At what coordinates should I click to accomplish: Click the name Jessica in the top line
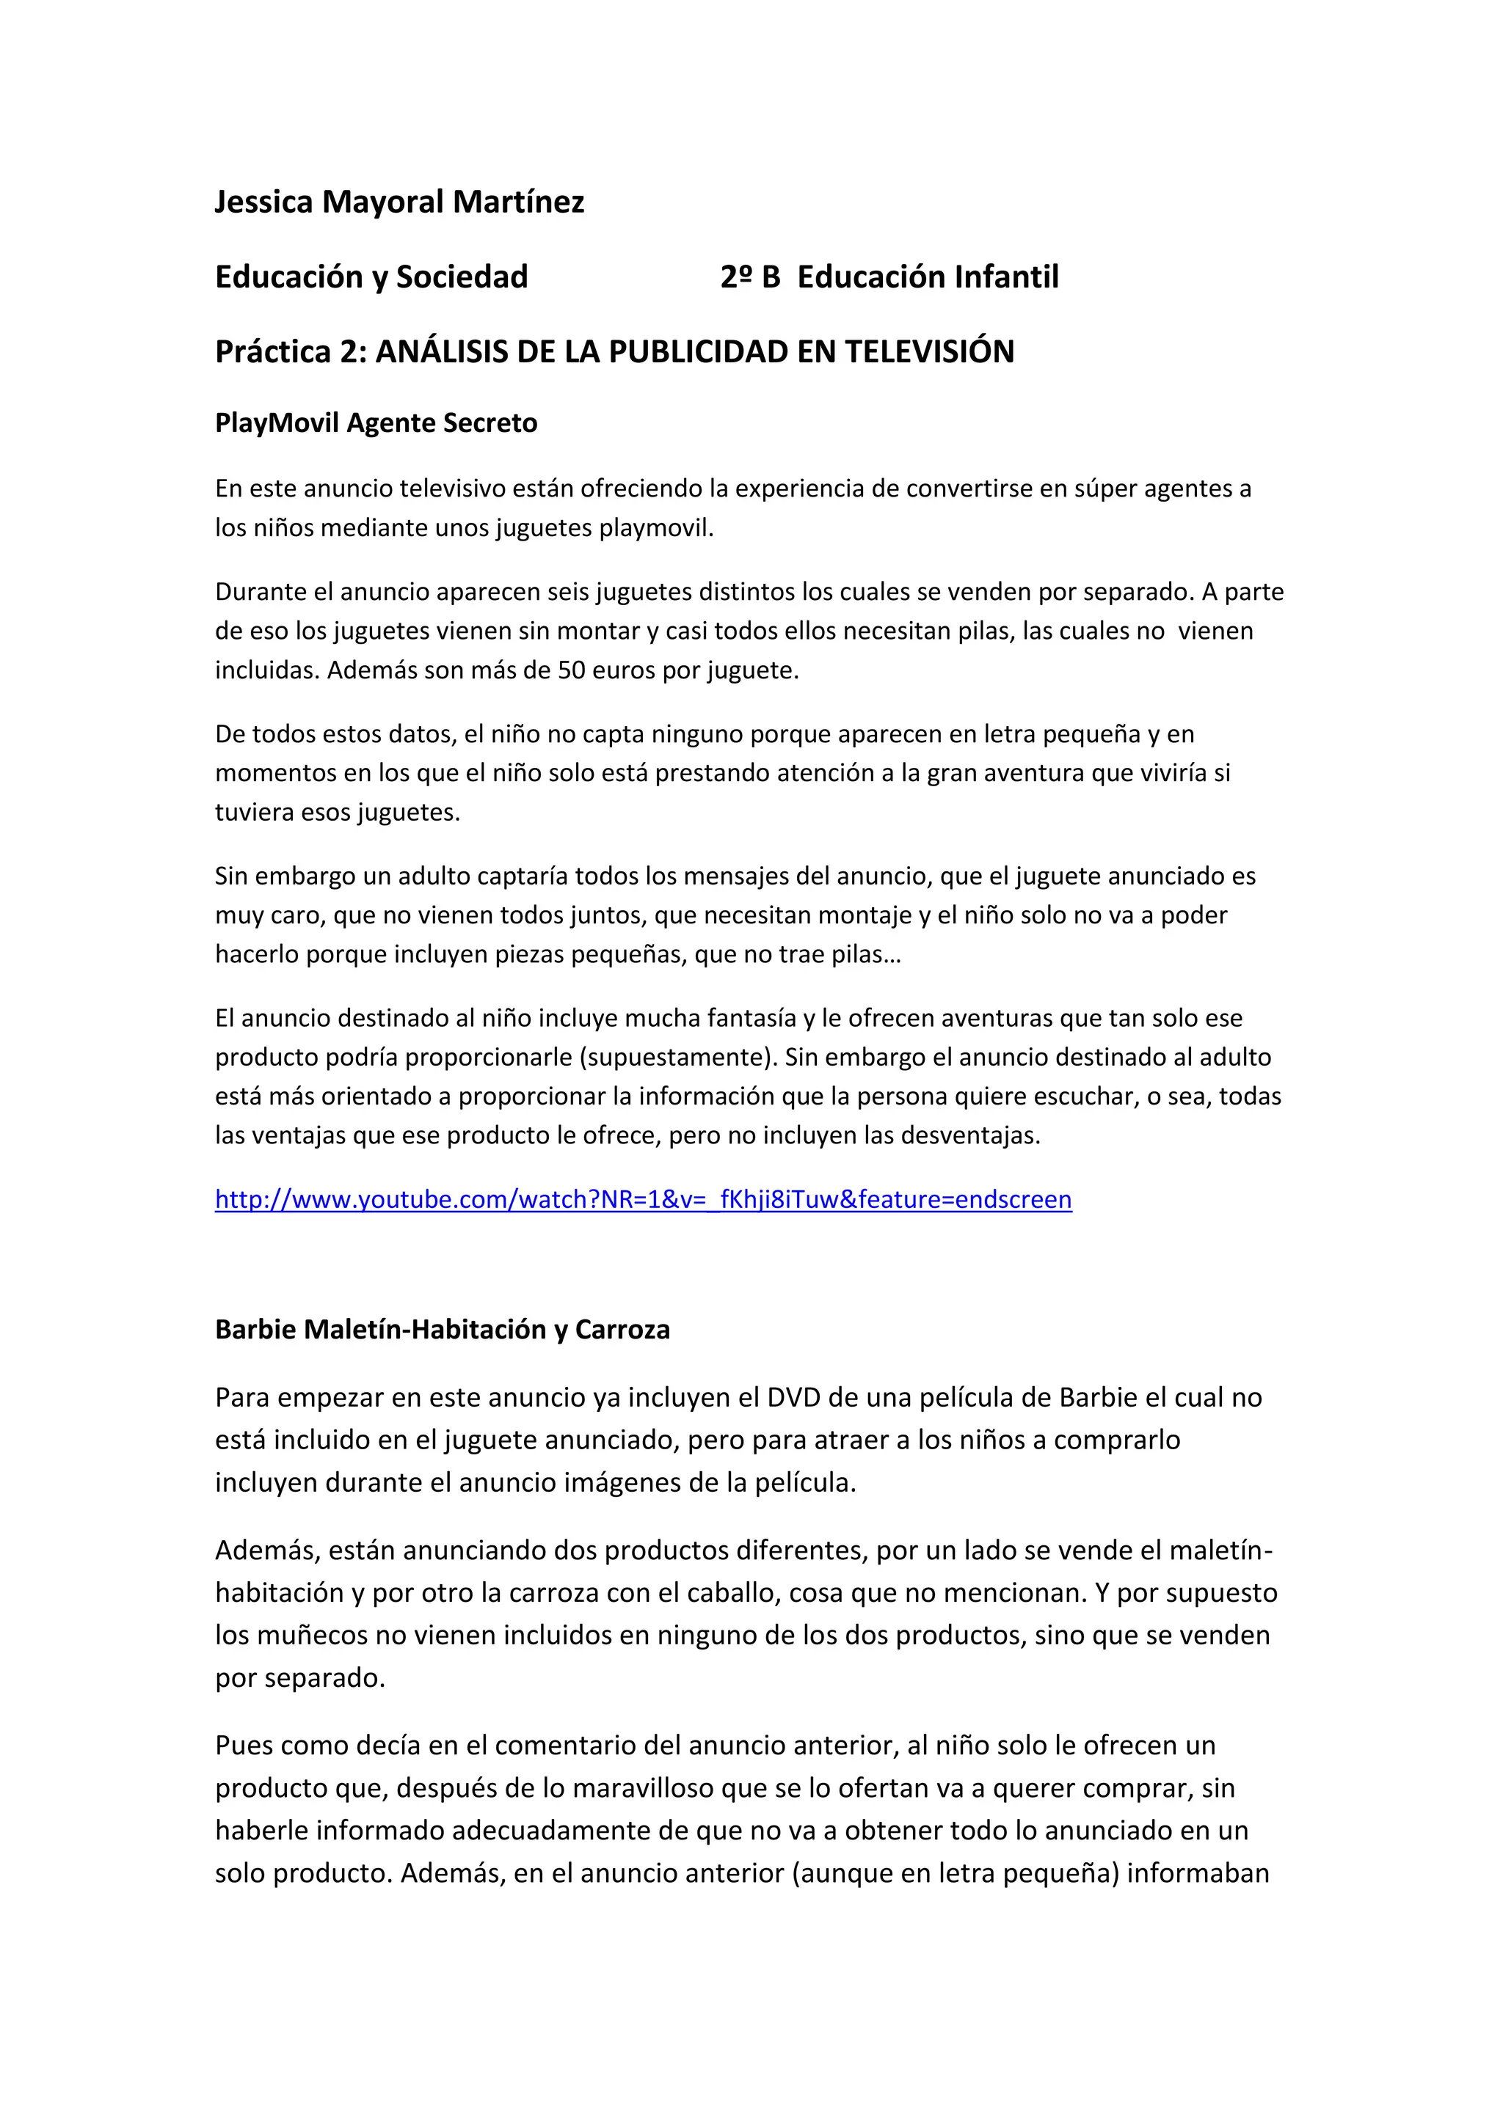pos(263,202)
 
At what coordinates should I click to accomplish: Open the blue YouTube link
pos(643,1199)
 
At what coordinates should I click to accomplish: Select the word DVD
pos(794,1397)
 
